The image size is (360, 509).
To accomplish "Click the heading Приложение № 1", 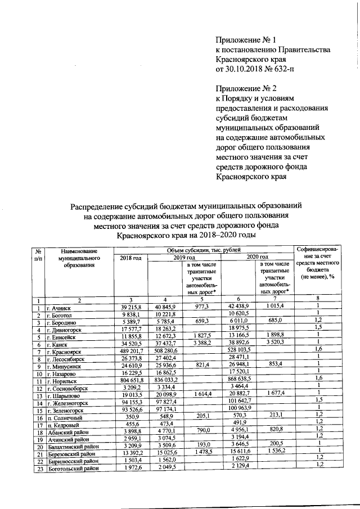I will (246, 40).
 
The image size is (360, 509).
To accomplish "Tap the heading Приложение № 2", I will (247, 88).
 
